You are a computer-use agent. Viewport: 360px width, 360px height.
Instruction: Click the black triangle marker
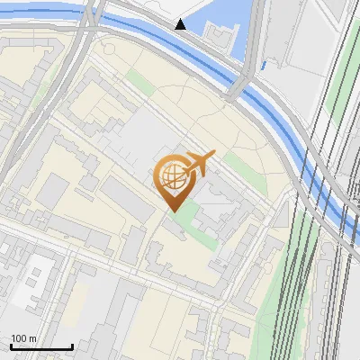[x=181, y=24]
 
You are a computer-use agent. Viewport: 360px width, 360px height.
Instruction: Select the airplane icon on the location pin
[x=199, y=164]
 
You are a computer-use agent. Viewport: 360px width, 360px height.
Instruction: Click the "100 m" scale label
[x=23, y=338]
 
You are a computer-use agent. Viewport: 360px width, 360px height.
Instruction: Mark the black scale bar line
[x=40, y=346]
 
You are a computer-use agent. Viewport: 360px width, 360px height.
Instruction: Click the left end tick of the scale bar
[x=10, y=344]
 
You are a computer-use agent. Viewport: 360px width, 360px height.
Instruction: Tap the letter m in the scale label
[x=32, y=338]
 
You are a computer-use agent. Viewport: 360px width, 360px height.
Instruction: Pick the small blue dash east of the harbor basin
[x=263, y=65]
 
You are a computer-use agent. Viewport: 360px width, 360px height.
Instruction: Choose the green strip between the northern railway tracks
[x=343, y=90]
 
